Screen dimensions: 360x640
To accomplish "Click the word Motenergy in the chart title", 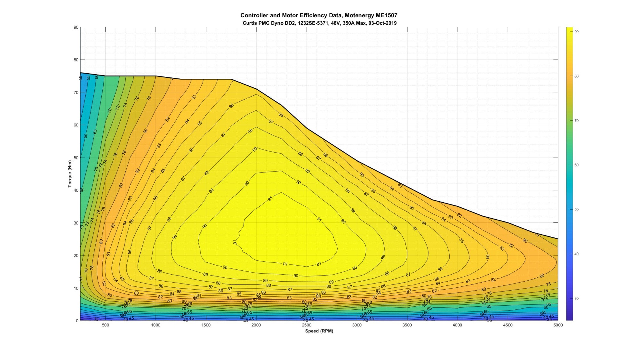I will [359, 15].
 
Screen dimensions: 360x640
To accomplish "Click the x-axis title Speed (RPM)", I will [319, 331].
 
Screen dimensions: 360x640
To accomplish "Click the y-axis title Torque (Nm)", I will [70, 174].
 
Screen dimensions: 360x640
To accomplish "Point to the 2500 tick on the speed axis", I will [307, 325].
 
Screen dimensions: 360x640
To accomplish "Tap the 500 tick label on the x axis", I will [105, 325].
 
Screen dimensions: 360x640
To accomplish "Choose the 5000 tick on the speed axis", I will [558, 325].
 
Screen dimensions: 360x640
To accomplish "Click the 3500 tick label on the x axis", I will [407, 325].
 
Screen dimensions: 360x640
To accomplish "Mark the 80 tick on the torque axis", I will [76, 60].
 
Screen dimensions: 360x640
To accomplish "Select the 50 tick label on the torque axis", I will [76, 158].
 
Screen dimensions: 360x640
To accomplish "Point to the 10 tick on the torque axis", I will [76, 288].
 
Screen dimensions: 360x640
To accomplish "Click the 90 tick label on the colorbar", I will [576, 32].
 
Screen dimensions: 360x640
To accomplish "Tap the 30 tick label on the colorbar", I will [576, 299].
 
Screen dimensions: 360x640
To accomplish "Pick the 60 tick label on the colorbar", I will [576, 165].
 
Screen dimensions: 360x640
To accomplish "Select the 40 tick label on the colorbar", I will [576, 254].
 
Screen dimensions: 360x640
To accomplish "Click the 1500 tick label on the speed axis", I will [206, 325].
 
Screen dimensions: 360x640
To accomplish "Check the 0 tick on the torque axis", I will [77, 321].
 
